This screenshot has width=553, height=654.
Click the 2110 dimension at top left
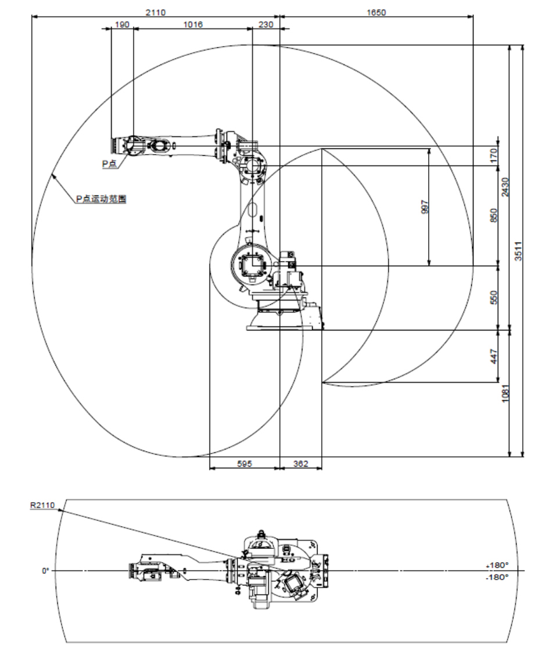[x=156, y=12]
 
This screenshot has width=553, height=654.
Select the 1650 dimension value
[x=376, y=12]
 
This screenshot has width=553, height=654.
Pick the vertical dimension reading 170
[x=494, y=156]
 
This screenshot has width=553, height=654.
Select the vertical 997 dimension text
[x=425, y=207]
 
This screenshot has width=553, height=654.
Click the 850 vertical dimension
[x=494, y=216]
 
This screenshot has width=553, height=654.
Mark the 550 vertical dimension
[x=494, y=298]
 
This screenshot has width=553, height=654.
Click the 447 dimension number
[x=494, y=356]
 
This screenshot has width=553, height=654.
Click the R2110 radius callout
[x=42, y=505]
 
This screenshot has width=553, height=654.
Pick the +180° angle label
[x=497, y=565]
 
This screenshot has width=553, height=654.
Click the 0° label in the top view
[x=45, y=571]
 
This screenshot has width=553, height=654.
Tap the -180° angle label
[x=497, y=577]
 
